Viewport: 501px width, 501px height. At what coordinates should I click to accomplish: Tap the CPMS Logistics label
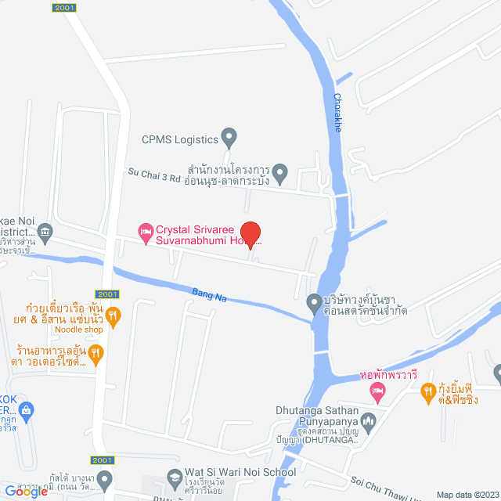(178, 140)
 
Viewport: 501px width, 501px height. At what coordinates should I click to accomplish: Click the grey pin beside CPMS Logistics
(229, 139)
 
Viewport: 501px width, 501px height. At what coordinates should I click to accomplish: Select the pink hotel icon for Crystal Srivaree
(145, 231)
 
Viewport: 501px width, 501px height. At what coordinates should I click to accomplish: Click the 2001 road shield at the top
(65, 7)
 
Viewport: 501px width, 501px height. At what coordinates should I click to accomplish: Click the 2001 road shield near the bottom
(103, 460)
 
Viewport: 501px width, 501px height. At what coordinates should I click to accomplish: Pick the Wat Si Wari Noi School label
(240, 472)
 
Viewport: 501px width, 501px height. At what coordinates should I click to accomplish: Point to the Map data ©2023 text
(467, 495)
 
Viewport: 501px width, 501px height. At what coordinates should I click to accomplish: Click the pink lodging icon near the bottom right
(377, 389)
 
